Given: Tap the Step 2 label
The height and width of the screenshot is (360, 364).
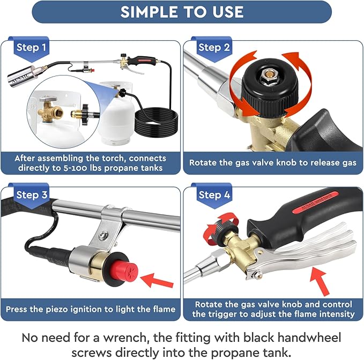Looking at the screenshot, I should tap(214, 48).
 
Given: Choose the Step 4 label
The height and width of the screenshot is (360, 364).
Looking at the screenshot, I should tap(214, 194).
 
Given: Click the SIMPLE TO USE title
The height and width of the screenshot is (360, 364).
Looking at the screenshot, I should tap(182, 12).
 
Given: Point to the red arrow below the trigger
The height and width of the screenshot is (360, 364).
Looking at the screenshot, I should tap(320, 280).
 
